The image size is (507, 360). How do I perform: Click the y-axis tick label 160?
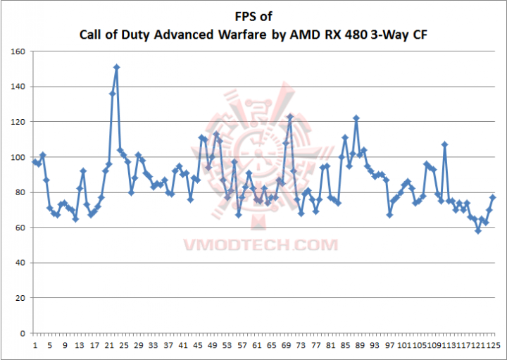18,51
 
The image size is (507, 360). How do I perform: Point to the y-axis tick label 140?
18,87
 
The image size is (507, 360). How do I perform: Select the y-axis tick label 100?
18,157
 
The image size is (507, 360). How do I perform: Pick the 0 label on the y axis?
22,333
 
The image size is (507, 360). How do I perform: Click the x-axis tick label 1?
35,346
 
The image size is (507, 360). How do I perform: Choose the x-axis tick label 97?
389,346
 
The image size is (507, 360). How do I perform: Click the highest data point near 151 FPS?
116,67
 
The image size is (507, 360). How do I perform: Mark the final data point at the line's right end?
493,197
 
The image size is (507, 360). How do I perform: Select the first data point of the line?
35,162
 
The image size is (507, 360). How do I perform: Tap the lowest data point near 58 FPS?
478,230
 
